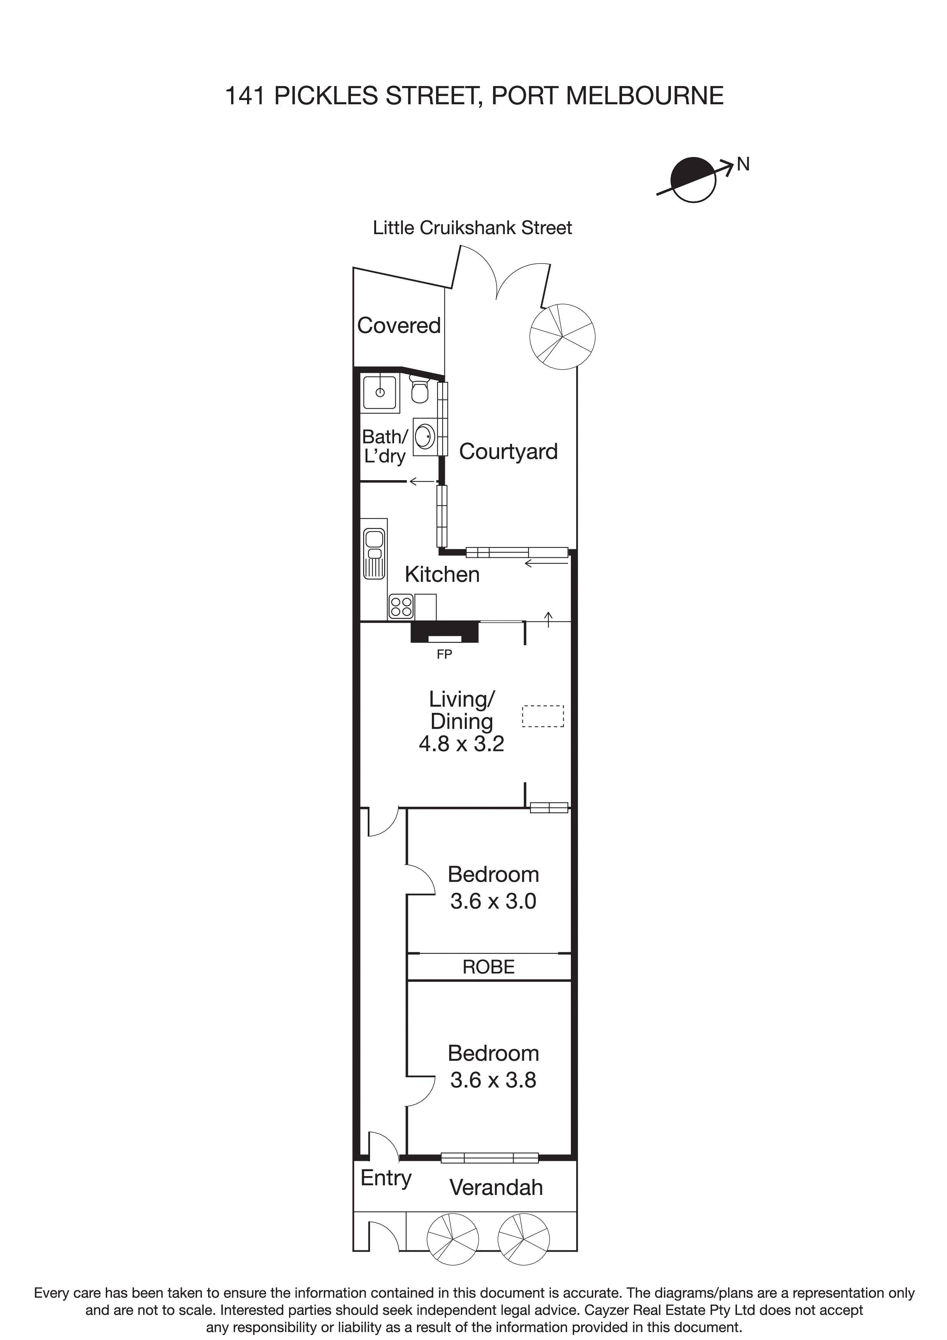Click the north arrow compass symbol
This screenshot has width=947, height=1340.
coord(693,179)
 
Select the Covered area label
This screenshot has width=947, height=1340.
coord(399,326)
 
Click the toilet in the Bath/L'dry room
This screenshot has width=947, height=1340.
coord(420,389)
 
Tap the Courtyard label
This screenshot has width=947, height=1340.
coord(508,452)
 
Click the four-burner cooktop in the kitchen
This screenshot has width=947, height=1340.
coord(401,606)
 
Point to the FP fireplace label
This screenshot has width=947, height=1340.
coord(444,655)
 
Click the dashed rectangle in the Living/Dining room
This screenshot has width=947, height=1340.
coord(543,716)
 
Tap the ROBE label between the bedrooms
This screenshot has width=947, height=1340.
coord(488,967)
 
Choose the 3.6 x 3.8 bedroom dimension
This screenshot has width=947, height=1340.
coord(493,1080)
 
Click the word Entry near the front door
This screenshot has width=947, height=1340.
coord(386,1178)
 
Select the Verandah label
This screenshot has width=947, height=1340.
coord(496,1188)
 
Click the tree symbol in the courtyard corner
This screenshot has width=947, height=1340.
coord(562,336)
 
